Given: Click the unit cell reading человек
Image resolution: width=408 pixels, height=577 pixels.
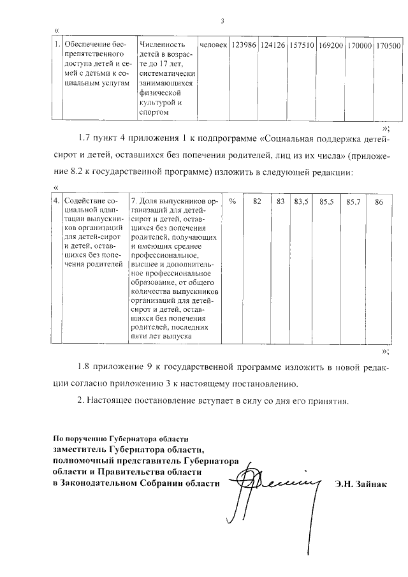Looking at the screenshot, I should (x=213, y=46).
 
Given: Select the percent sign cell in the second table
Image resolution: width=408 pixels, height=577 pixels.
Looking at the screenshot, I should (x=233, y=201).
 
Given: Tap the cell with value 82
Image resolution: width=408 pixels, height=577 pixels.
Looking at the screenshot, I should (x=258, y=201).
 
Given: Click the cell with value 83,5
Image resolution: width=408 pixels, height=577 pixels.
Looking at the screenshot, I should (x=301, y=201).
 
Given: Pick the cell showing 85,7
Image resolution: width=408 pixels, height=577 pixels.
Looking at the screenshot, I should (x=353, y=201).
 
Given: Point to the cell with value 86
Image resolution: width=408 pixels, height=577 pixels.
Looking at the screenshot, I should (x=379, y=201).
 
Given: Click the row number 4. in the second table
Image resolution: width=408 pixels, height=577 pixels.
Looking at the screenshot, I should (x=57, y=201).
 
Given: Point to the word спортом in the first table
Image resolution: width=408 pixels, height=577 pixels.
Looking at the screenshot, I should (x=154, y=112).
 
